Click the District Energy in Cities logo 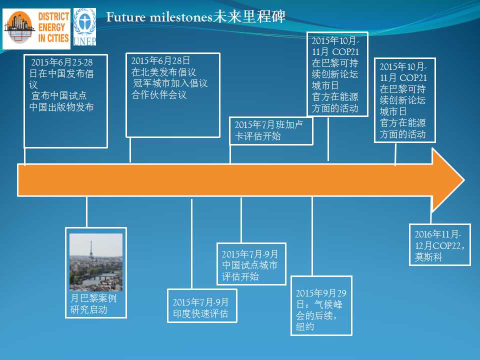(x=36, y=29)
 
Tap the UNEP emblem (x=85, y=27)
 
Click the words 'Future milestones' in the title (x=159, y=17)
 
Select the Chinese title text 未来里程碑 (x=249, y=16)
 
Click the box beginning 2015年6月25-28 (x=66, y=101)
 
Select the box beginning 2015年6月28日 (x=173, y=95)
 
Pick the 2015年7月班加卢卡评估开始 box (x=271, y=130)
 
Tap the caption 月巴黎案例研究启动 (x=93, y=303)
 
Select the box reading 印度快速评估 (x=202, y=306)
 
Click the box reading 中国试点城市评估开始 (x=251, y=264)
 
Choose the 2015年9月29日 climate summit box (x=321, y=306)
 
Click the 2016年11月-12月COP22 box (x=440, y=245)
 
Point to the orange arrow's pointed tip (x=464, y=180)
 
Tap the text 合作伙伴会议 (x=159, y=94)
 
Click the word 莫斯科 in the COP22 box (x=428, y=257)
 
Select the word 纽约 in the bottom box (x=305, y=326)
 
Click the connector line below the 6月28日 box (x=130, y=150)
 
